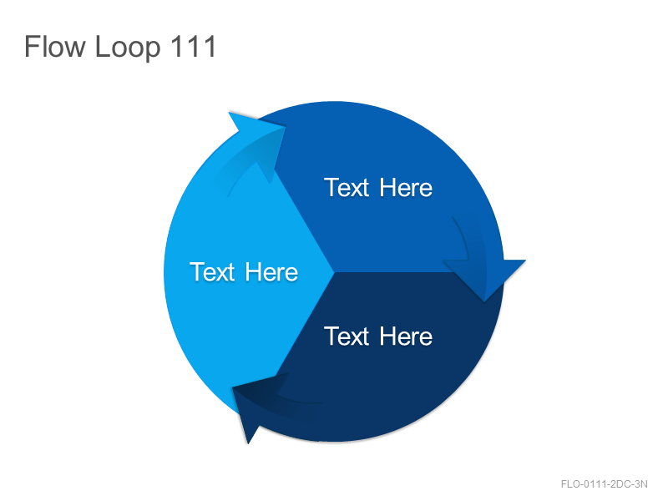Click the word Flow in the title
(55, 47)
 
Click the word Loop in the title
(128, 48)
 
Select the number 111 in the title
(194, 46)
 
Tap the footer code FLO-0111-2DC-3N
(604, 484)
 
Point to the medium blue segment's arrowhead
(484, 279)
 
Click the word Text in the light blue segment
(212, 272)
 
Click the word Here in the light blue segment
(271, 272)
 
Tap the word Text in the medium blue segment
(347, 188)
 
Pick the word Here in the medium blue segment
(406, 188)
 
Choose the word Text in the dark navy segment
(347, 337)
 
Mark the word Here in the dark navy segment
(406, 337)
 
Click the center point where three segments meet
(333, 272)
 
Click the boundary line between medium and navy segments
(418, 272)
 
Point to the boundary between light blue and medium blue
(303, 220)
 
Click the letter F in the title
(31, 47)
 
